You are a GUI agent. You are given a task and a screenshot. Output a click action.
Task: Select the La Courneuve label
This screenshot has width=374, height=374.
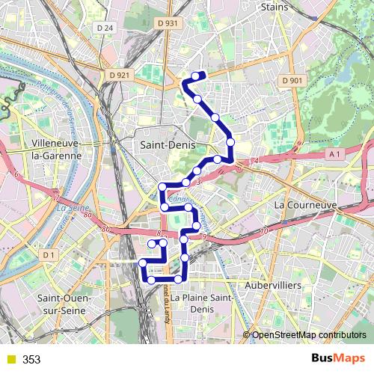[x=306, y=203]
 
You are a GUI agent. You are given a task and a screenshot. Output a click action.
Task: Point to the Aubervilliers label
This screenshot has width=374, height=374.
[x=273, y=285]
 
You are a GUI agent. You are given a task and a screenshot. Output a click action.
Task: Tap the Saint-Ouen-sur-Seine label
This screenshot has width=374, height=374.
[x=64, y=304]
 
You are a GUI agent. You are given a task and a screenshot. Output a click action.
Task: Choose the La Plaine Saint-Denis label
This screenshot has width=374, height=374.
[x=197, y=302]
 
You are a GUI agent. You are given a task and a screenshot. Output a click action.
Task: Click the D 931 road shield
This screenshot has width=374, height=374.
[x=168, y=23]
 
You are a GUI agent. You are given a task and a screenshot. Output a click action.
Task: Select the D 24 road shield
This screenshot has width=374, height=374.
[x=105, y=28]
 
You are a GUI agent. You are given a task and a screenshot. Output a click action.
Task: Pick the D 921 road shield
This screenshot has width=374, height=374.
[x=118, y=75]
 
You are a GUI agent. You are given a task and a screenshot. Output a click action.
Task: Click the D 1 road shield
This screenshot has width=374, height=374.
[x=50, y=256]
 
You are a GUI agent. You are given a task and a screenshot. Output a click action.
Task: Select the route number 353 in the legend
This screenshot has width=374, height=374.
[x=31, y=360]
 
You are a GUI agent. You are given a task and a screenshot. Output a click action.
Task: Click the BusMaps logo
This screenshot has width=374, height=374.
[x=337, y=358]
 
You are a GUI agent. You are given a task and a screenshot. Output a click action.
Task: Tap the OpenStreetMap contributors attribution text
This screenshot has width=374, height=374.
[x=309, y=335]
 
